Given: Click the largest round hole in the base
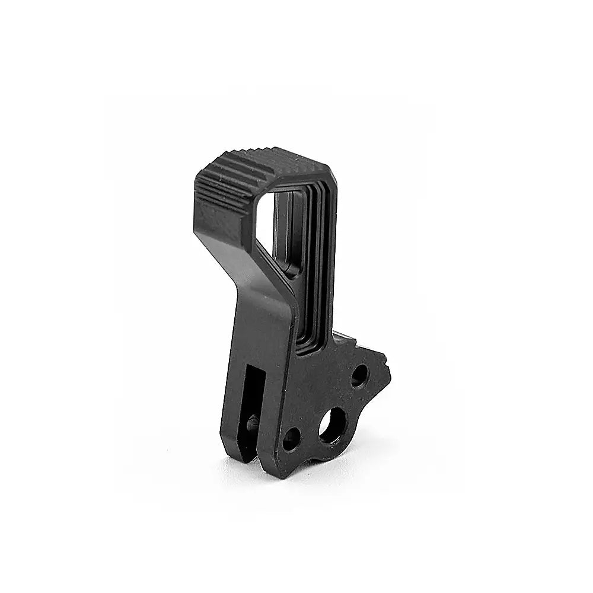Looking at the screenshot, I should pos(333,425).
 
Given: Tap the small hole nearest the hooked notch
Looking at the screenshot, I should pos(359,375).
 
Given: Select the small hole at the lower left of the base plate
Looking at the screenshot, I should pos(291,439).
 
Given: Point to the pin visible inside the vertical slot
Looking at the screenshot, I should pos(253,423).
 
